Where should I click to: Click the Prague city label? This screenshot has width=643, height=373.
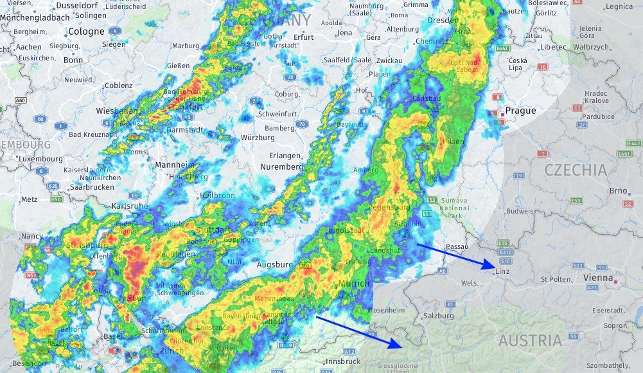point(520,111)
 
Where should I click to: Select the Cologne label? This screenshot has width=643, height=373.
point(86,31)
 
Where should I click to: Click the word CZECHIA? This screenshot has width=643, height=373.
point(576,170)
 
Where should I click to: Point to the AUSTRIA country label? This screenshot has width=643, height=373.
point(530,340)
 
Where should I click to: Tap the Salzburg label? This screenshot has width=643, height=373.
point(439,316)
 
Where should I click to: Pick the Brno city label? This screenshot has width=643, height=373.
point(618,190)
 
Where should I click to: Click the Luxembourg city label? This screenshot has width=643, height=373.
point(40,158)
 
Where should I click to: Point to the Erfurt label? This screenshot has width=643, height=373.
point(304,37)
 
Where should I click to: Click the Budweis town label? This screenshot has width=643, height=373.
point(502,211)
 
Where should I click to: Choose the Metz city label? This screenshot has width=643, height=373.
point(30,199)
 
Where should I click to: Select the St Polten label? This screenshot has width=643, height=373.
point(556,279)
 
